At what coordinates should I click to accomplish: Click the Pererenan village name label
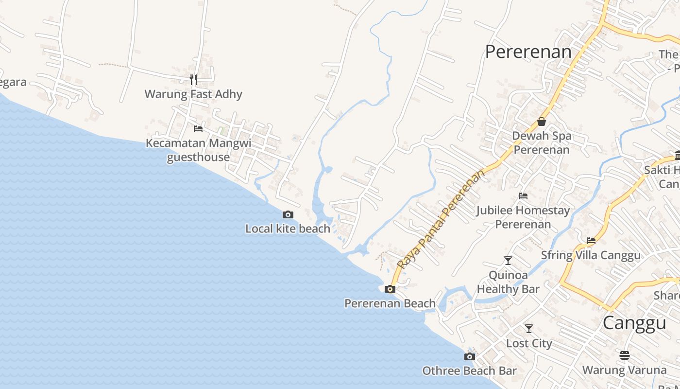(528, 52)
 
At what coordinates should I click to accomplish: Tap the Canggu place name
(634, 323)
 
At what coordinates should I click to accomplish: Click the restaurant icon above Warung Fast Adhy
(193, 79)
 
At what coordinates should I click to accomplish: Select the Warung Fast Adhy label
(193, 94)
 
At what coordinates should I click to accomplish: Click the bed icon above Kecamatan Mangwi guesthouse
(198, 129)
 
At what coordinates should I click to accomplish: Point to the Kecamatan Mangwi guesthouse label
(199, 150)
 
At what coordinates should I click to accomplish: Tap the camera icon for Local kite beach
(288, 214)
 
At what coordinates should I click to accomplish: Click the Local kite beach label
(288, 229)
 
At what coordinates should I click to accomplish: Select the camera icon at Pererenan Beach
(390, 289)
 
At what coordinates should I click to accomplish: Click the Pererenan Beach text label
(390, 303)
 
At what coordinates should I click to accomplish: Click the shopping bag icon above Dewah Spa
(542, 122)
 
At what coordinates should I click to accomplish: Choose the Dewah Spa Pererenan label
(542, 142)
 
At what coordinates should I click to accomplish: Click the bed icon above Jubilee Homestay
(523, 196)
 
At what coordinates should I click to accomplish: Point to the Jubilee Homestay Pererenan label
(523, 217)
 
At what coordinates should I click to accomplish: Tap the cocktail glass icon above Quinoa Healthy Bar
(508, 261)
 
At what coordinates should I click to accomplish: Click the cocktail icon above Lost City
(529, 329)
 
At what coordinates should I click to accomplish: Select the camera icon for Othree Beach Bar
(469, 357)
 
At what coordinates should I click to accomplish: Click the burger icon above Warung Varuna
(625, 355)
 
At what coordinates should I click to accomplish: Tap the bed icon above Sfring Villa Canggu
(591, 241)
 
